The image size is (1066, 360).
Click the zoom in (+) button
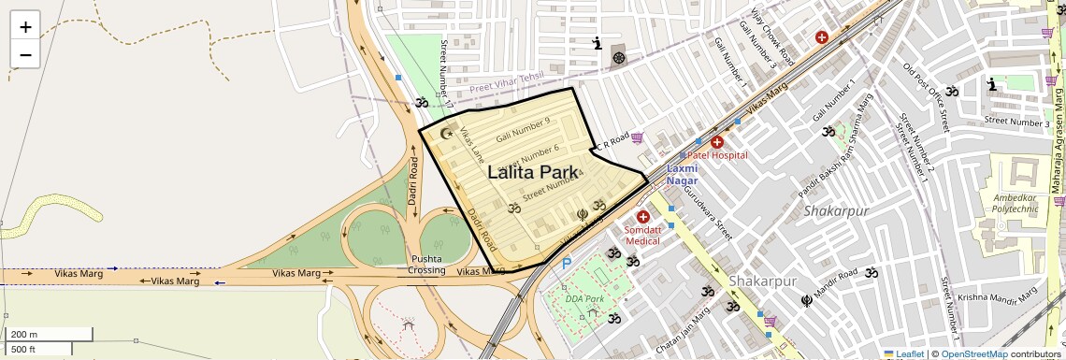(x=25, y=26)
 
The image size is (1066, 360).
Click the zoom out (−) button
(x=25, y=54)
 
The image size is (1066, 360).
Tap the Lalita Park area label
(x=533, y=172)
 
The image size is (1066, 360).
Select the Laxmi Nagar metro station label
(x=682, y=174)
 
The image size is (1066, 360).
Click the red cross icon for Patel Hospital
(x=717, y=142)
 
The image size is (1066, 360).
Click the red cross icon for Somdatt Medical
(x=643, y=217)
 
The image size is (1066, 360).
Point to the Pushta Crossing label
(x=426, y=265)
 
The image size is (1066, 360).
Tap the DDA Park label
(x=585, y=299)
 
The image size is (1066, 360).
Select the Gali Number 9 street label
(x=523, y=130)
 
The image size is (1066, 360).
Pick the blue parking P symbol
(x=566, y=265)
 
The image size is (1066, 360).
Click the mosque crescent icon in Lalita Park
(x=446, y=134)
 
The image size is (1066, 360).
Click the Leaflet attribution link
(x=903, y=353)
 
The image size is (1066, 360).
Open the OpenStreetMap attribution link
(x=974, y=353)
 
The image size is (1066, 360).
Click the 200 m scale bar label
(x=24, y=334)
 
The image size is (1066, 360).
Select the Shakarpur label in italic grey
(x=831, y=211)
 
